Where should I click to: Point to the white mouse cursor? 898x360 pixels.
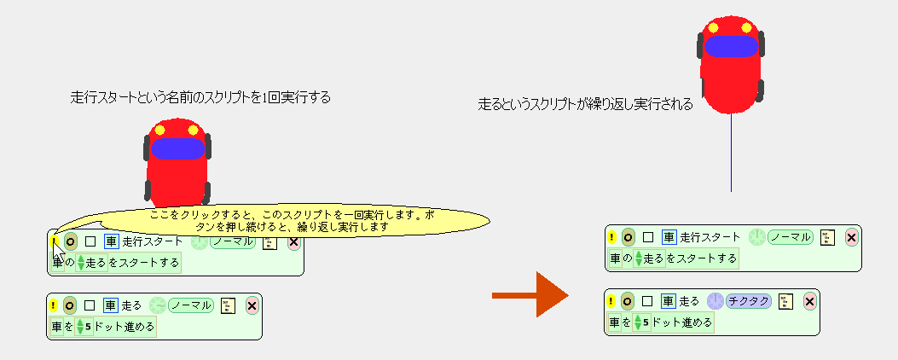click(x=57, y=252)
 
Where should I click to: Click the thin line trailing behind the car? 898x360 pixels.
click(x=731, y=154)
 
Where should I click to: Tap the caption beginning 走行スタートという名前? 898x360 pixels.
click(x=200, y=97)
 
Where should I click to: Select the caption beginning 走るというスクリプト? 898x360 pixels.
click(x=585, y=105)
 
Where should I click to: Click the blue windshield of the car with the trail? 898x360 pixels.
click(x=730, y=46)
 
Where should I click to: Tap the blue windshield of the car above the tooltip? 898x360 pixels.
click(x=177, y=148)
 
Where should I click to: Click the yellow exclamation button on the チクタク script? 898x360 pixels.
click(x=611, y=300)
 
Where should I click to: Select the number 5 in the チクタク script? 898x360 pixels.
click(x=646, y=323)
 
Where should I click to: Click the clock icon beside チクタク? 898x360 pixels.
click(x=715, y=300)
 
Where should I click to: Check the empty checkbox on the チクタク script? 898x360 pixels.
click(x=647, y=300)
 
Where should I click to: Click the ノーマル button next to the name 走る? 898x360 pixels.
click(x=190, y=305)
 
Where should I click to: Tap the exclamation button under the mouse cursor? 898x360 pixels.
click(x=53, y=241)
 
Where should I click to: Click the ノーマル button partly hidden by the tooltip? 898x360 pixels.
click(x=233, y=242)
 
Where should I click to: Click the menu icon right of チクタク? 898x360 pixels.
click(x=787, y=300)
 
